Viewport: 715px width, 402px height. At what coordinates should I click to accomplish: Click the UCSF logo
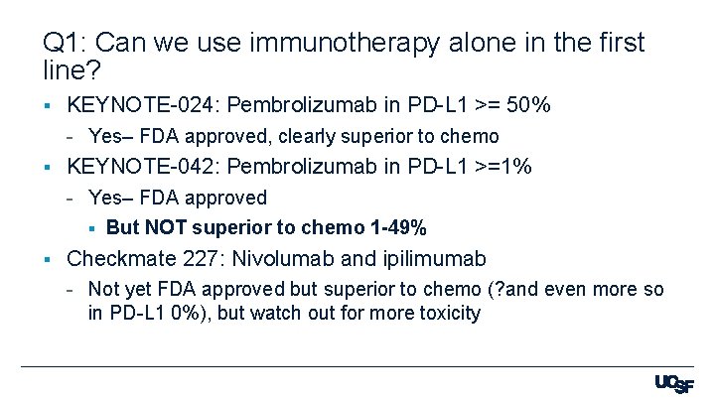pos(674,384)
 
